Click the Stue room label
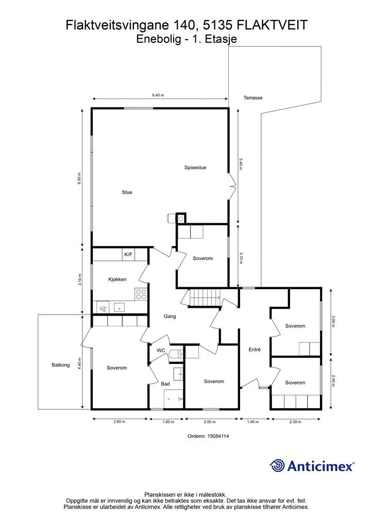tap(127, 192)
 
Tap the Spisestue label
tap(195, 168)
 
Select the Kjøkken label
tap(117, 279)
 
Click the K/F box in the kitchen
tap(128, 255)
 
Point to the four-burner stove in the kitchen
tap(141, 294)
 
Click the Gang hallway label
tap(170, 316)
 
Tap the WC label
tap(161, 350)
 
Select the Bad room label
tap(165, 384)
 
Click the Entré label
tap(255, 350)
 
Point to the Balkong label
tap(61, 365)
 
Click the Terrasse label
tap(253, 97)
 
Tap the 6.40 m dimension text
tap(158, 95)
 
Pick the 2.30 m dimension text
tap(295, 422)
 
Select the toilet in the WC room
tap(176, 354)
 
